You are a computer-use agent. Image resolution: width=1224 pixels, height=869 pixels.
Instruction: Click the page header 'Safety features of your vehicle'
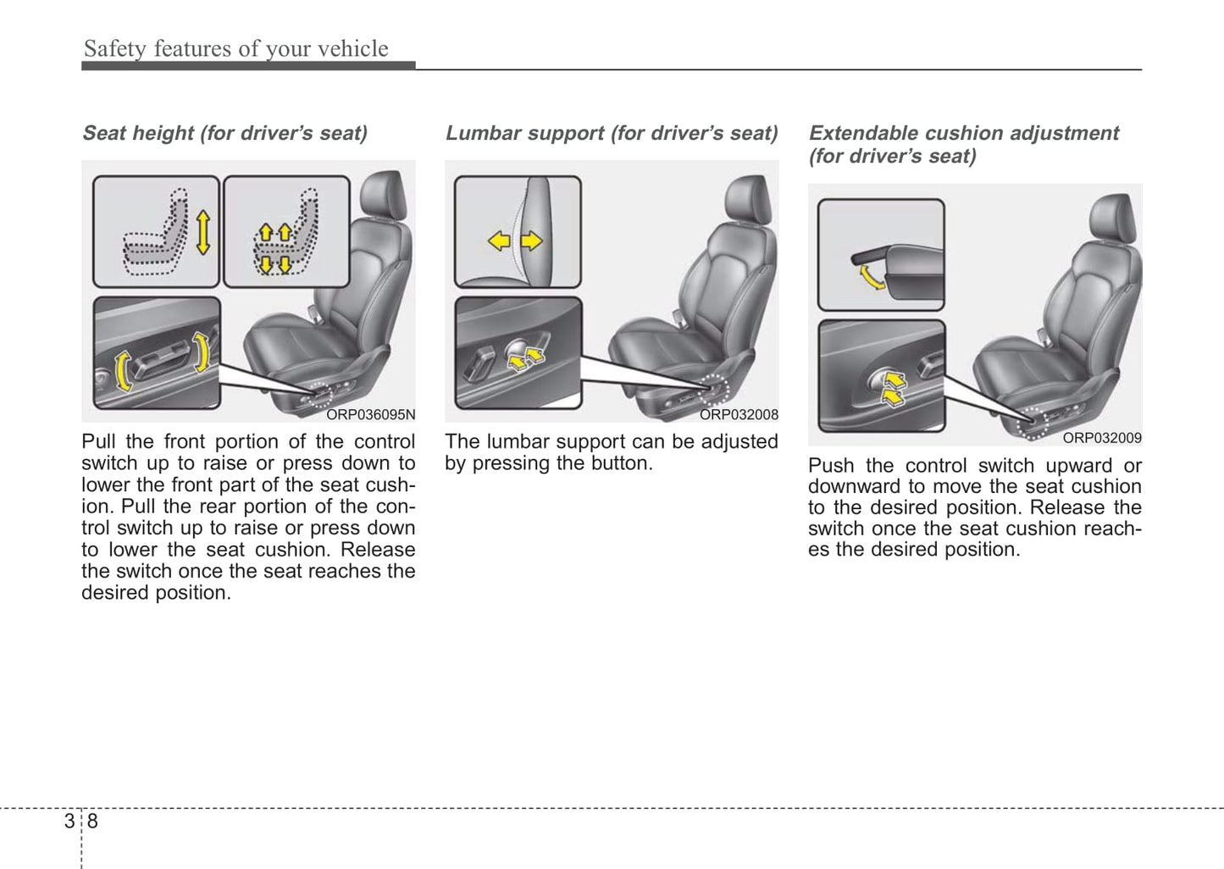[235, 49]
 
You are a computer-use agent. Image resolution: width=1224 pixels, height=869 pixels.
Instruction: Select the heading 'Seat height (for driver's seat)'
[224, 133]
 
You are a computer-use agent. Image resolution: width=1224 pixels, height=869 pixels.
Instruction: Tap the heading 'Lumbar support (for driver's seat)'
[611, 133]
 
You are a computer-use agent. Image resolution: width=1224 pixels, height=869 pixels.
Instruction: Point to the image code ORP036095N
[371, 414]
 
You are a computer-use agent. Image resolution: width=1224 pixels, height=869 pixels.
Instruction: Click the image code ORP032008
[739, 414]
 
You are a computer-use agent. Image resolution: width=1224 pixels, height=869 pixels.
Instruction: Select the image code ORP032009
[1102, 438]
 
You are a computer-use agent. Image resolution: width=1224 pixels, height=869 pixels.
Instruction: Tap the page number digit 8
[92, 821]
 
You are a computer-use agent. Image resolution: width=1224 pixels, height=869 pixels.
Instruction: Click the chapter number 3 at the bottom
[69, 821]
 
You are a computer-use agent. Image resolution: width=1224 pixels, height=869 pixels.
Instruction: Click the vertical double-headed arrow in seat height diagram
[202, 232]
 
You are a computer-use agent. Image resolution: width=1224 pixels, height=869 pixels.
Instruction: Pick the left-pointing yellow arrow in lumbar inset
[500, 241]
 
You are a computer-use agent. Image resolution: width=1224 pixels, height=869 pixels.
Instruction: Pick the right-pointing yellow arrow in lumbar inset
[531, 241]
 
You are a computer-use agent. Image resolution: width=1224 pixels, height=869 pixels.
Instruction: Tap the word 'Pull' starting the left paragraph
[97, 441]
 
